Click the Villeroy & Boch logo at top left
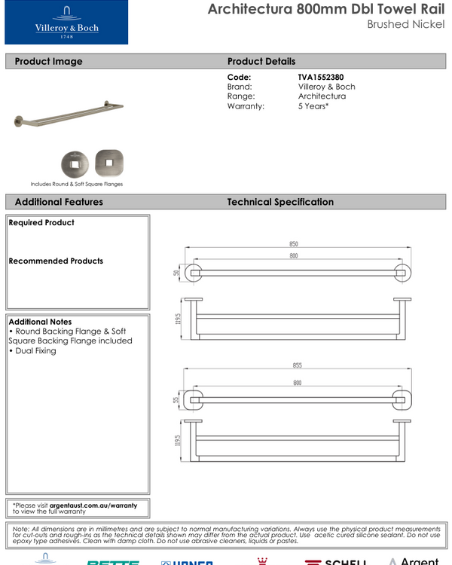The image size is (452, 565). coord(66,23)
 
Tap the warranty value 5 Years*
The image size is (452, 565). coord(313,106)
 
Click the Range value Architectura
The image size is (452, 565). coord(322,96)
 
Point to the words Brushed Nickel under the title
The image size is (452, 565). coord(406,24)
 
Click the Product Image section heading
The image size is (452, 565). coord(48,61)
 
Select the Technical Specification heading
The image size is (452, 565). coord(280,202)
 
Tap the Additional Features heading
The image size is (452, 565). coord(59,202)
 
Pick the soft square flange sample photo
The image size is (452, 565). coord(108,162)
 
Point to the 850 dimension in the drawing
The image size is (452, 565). coord(293,244)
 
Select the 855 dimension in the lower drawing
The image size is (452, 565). coord(297,365)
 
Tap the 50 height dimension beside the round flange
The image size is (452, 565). coord(177,273)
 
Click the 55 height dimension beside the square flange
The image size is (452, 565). coord(177,400)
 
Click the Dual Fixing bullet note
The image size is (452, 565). coord(34,351)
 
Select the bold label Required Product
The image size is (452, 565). coord(41,223)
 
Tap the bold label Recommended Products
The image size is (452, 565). coord(56,261)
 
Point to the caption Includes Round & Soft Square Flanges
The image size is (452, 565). coord(76,184)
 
